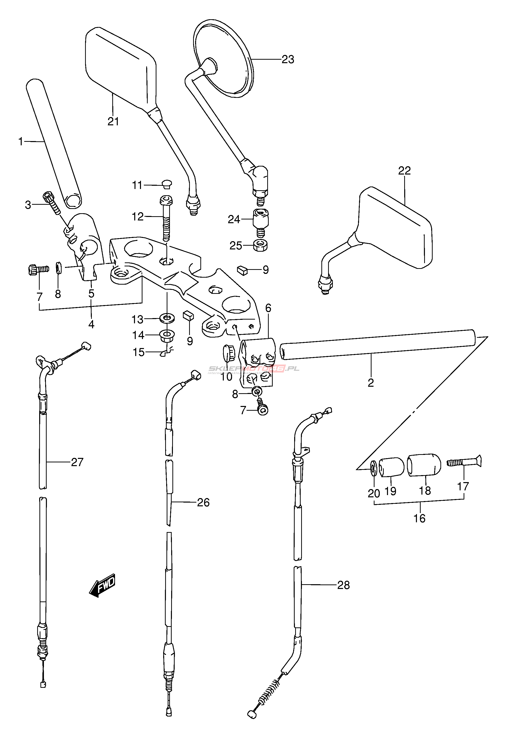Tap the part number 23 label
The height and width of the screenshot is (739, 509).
(288, 59)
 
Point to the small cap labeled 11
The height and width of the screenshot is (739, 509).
(166, 184)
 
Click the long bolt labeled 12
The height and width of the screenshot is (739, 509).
(166, 220)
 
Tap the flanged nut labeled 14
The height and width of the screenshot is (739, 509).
(166, 335)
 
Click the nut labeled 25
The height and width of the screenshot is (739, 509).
(260, 245)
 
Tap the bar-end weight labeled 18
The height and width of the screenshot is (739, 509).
(424, 465)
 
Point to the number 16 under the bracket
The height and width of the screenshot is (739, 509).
(419, 519)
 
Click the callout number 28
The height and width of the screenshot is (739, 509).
(344, 585)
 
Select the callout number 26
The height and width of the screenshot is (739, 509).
(203, 503)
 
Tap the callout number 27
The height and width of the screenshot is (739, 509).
(77, 462)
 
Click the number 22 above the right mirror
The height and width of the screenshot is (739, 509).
(404, 171)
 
